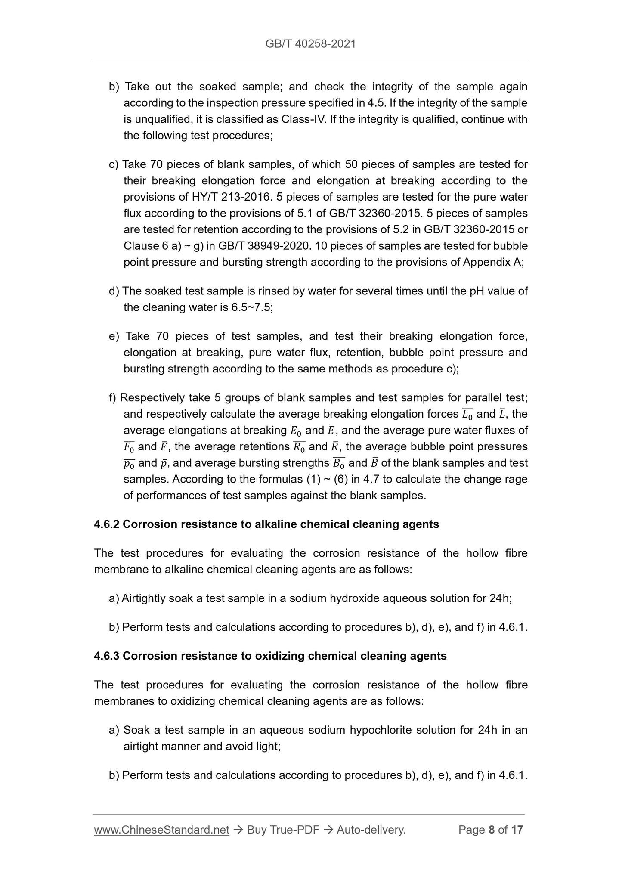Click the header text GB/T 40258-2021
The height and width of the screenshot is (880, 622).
click(310, 43)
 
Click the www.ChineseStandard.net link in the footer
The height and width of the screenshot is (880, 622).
click(161, 830)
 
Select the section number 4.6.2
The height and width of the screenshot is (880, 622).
click(107, 524)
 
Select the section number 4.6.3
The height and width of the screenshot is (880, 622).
click(107, 656)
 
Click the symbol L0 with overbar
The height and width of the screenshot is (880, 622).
click(467, 415)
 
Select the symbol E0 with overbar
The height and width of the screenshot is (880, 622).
click(295, 431)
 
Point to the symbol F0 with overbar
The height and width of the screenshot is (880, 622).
click(129, 447)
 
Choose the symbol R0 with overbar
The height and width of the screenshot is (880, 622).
click(299, 447)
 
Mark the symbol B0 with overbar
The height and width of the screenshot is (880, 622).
click(339, 464)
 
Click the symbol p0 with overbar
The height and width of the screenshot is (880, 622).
click(129, 464)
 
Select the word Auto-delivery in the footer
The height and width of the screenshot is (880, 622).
click(371, 830)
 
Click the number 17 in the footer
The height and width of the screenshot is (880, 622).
click(517, 830)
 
